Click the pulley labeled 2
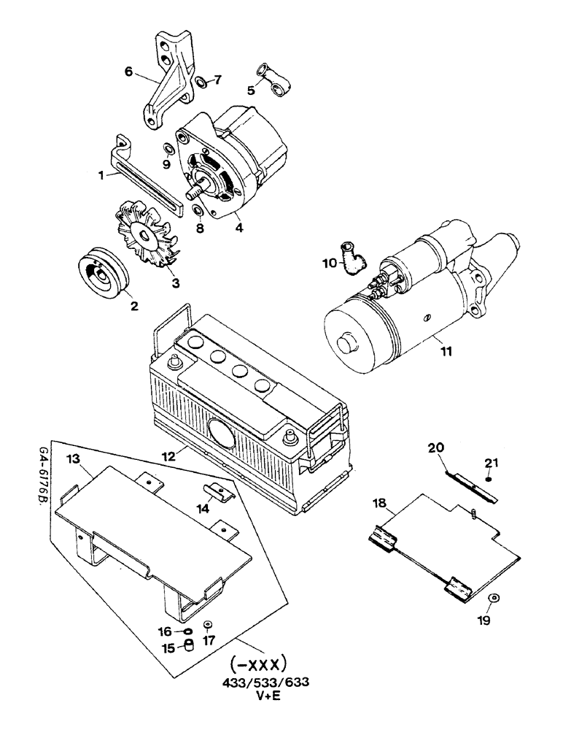(x=103, y=270)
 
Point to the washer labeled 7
(x=201, y=81)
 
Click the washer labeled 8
(x=195, y=212)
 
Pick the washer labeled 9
(x=168, y=150)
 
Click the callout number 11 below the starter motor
(x=446, y=351)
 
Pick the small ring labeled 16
(x=187, y=631)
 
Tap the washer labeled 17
(x=208, y=625)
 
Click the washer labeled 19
(x=494, y=599)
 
